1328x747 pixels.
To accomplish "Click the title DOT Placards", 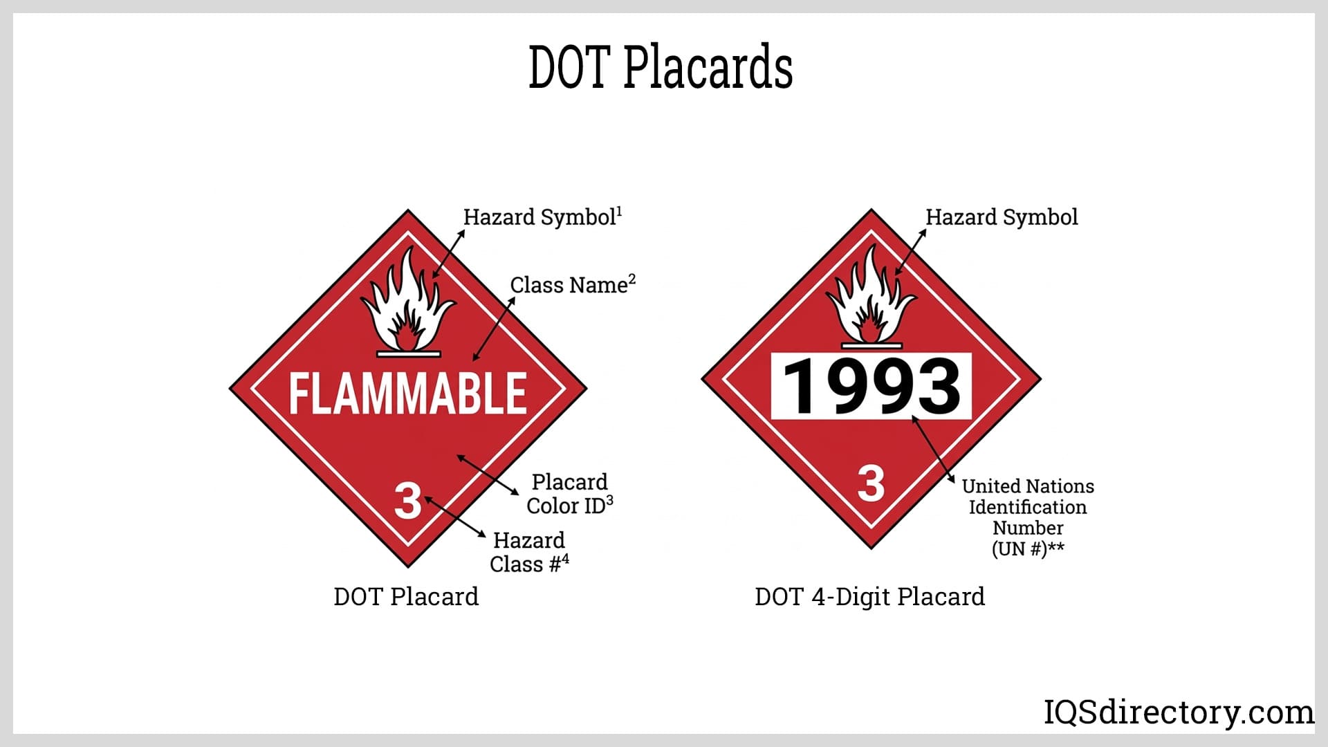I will click(x=661, y=67).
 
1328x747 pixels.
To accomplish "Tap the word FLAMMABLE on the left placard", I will click(x=407, y=394).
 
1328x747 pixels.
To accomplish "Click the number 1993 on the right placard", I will click(x=871, y=387).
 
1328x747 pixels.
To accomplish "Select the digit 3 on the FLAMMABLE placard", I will click(x=407, y=500).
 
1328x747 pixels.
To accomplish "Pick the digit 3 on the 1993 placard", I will click(x=871, y=483).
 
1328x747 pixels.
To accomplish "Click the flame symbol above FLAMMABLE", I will click(x=408, y=304).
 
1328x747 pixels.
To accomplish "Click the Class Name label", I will click(x=572, y=285).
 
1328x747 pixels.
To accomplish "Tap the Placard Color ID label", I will click(x=569, y=494).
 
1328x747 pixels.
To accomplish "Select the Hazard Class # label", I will click(x=529, y=552).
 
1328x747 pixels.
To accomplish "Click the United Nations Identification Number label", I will click(x=1028, y=517).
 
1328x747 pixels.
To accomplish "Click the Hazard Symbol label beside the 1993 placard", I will click(x=1002, y=217).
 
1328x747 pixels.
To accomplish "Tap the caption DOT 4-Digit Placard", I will click(x=869, y=597).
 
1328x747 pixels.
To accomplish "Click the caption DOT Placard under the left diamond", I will click(x=406, y=597).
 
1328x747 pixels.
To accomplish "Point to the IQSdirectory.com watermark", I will click(x=1178, y=712).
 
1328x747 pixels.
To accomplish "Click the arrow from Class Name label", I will click(x=494, y=329).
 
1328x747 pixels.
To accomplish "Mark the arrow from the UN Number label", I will click(x=933, y=449).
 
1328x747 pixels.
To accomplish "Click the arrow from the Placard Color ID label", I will click(x=488, y=474).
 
